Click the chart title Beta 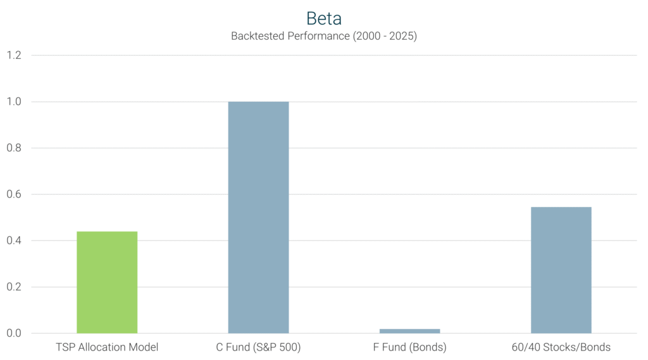[x=323, y=18]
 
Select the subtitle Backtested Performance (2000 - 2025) [x=323, y=36]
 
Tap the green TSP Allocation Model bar [x=107, y=282]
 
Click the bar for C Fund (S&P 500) [x=258, y=217]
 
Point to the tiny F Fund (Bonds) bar [x=409, y=331]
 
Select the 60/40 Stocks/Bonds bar [x=561, y=270]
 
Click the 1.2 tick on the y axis [x=14, y=56]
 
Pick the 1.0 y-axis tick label [x=14, y=102]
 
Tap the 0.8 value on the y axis [x=14, y=148]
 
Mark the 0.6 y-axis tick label [x=14, y=194]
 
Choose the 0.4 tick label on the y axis [x=14, y=240]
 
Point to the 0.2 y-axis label [x=14, y=287]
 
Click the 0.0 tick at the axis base [x=14, y=333]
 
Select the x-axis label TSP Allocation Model [x=107, y=347]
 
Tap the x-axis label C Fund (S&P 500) [x=258, y=347]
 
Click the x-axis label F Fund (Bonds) [x=409, y=347]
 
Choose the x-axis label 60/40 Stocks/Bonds [x=561, y=347]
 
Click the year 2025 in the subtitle [x=399, y=36]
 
